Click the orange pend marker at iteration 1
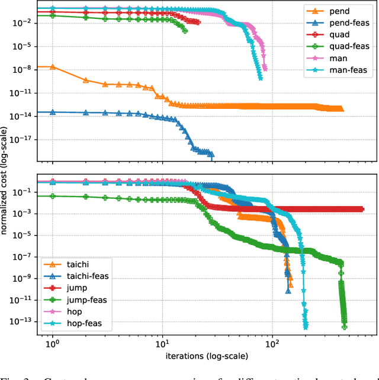(53, 67)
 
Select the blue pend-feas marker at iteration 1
(53, 112)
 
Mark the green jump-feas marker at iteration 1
(53, 196)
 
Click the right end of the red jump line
(362, 209)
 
